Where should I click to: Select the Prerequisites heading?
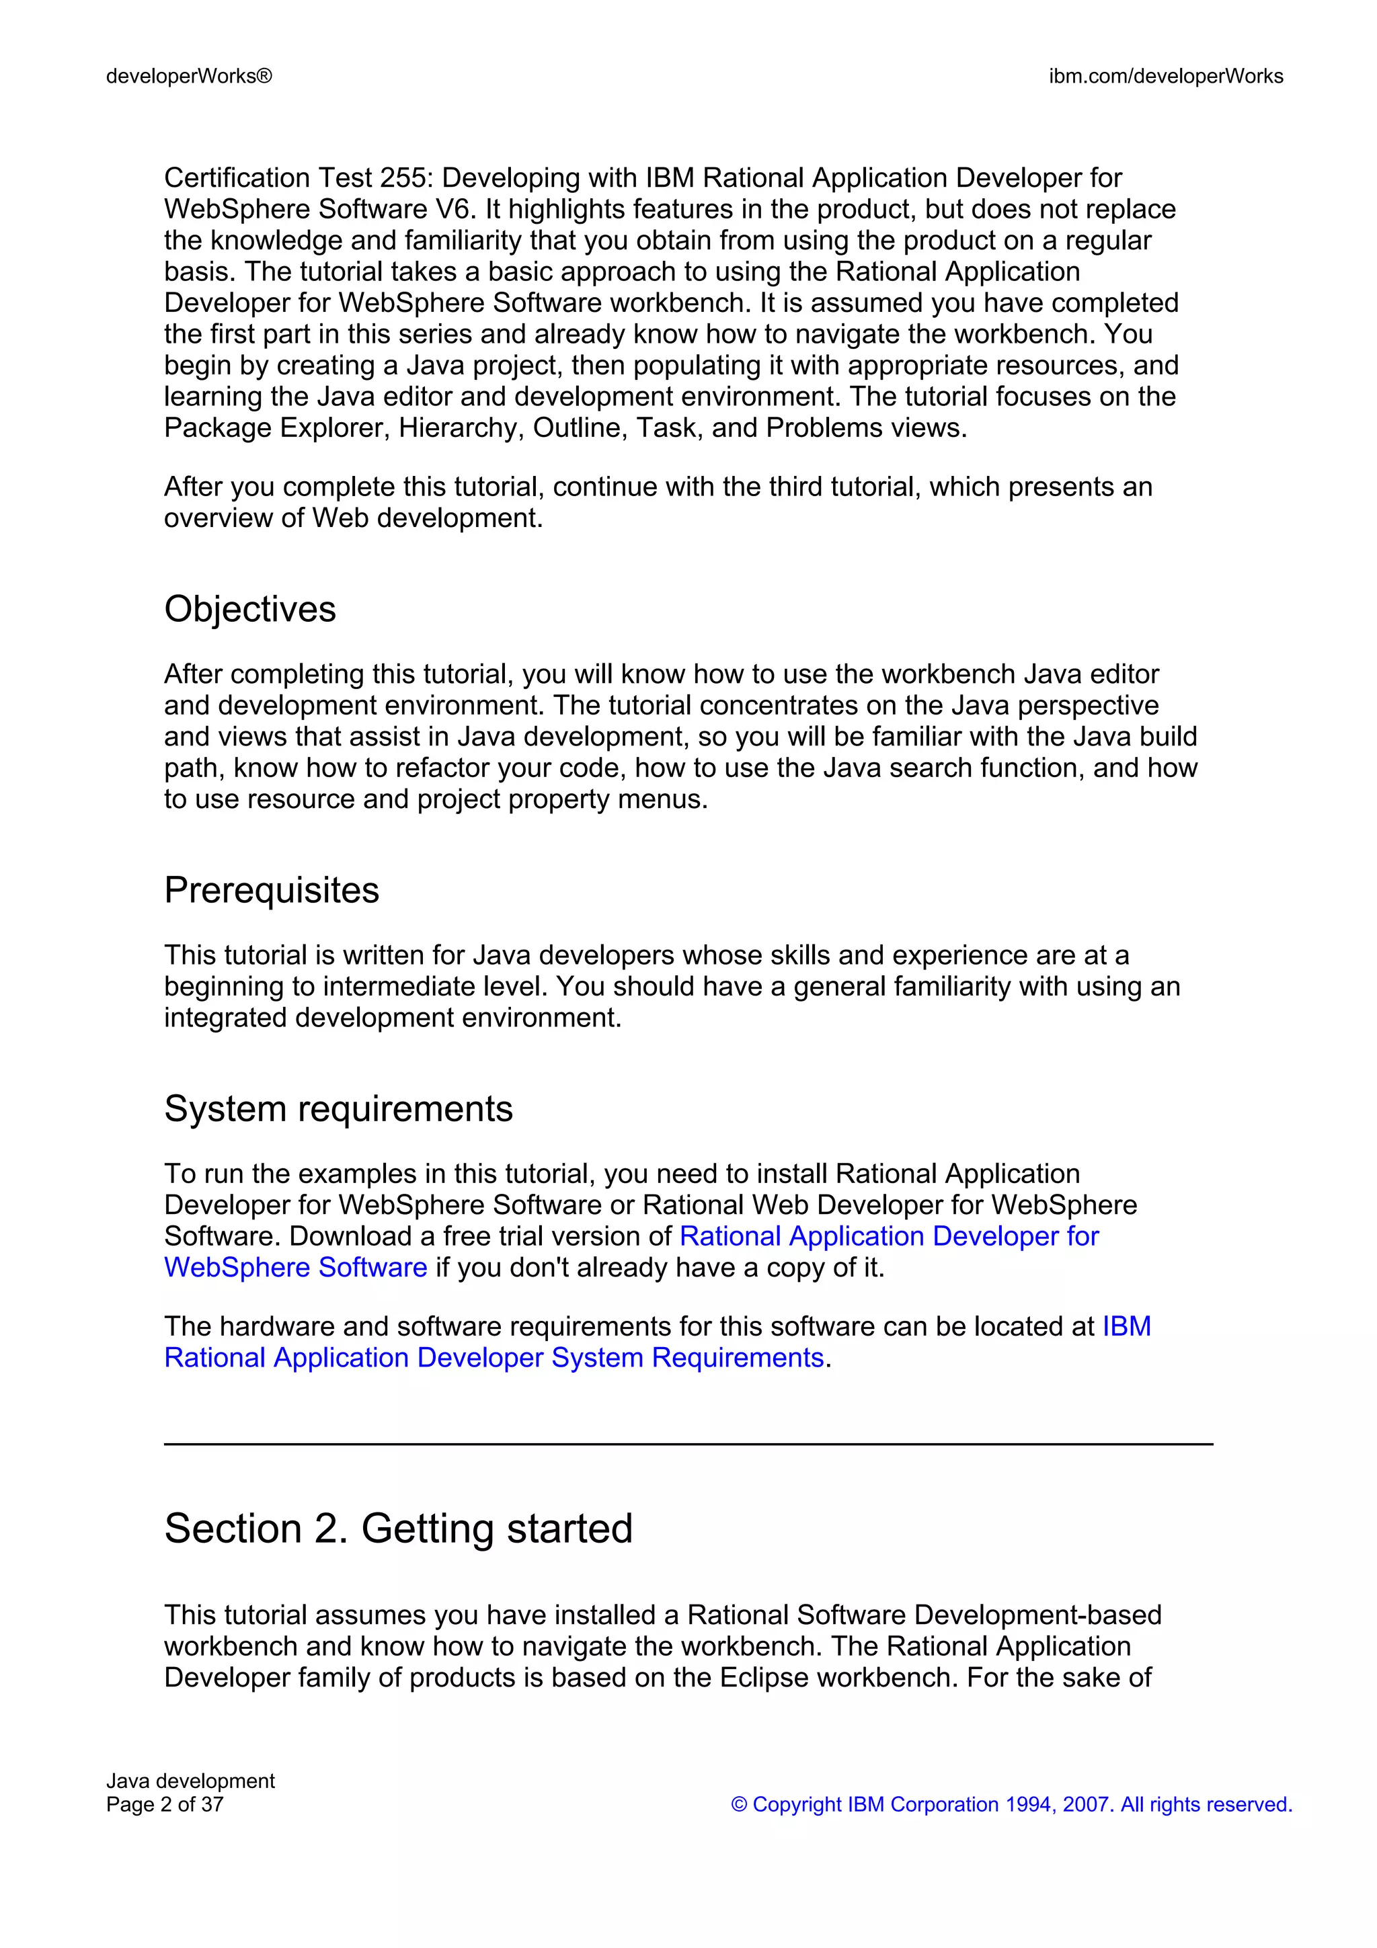pos(272,891)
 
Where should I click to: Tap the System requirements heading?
pos(338,1109)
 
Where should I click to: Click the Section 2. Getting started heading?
pos(399,1529)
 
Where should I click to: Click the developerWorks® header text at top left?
pos(189,77)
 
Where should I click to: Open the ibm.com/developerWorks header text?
pos(1166,77)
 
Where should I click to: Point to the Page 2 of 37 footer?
pos(165,1805)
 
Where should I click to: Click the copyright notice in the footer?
pos(1011,1805)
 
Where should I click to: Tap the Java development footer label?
pos(190,1781)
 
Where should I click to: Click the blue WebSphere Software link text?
pos(295,1268)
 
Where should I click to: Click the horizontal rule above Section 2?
pos(688,1444)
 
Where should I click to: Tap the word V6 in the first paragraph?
pos(456,210)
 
